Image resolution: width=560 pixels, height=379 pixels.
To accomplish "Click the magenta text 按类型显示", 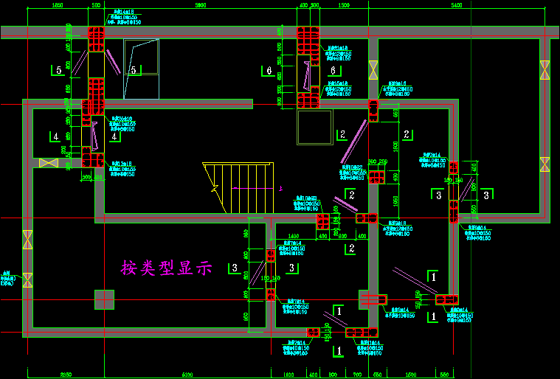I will (167, 268).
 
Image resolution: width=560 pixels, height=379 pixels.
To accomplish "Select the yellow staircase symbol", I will (238, 188).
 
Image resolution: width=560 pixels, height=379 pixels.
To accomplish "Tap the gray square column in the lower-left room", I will (104, 300).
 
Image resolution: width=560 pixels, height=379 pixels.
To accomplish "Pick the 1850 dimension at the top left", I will (57, 5).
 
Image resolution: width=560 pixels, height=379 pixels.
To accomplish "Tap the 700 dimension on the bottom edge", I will (358, 375).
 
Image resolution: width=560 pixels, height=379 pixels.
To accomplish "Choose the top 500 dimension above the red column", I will (95, 5).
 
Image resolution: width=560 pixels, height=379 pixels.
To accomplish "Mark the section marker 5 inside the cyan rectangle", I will (134, 70).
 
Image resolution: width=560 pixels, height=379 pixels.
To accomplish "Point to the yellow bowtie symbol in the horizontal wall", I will (49, 162).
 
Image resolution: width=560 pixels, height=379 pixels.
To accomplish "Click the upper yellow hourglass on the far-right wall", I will (545, 69).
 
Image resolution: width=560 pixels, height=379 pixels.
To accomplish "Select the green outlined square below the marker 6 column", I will (314, 128).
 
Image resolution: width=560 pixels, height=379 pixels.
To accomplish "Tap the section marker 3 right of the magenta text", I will (293, 267).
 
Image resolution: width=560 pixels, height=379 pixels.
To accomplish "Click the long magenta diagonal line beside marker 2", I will (353, 142).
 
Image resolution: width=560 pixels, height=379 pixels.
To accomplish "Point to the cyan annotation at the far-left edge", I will (7, 279).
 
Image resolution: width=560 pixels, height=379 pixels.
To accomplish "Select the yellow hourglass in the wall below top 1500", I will (373, 70).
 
